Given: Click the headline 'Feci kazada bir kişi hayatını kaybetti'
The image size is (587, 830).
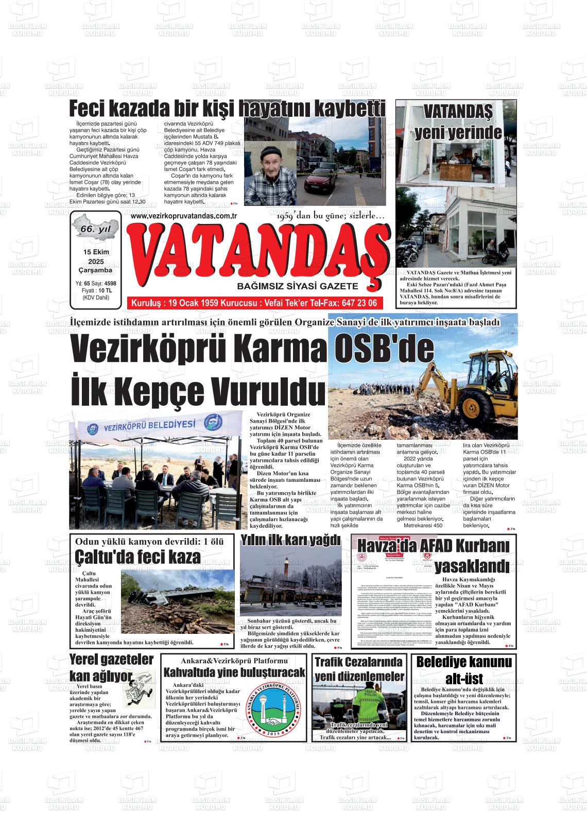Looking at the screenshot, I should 227,109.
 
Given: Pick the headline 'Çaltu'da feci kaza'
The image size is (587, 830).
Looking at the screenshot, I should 137,557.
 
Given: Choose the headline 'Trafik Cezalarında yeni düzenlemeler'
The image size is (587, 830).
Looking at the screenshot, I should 359,669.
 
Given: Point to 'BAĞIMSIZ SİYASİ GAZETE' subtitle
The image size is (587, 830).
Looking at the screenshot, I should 297,286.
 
